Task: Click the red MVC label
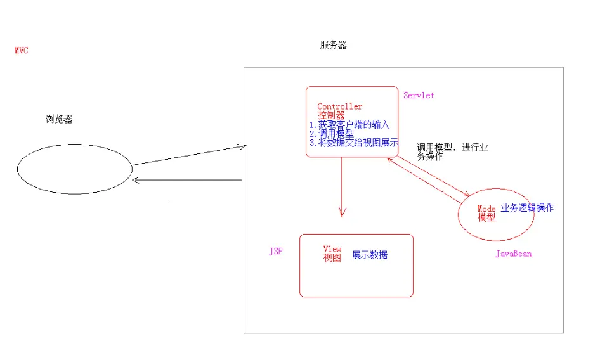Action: pos(21,51)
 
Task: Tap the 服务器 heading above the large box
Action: pos(334,45)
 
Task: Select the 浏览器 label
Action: pos(58,119)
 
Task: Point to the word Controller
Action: pos(340,106)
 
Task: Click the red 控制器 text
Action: pos(331,115)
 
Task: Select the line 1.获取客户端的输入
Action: pos(349,124)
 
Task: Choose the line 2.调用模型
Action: pos(332,133)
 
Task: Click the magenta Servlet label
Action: pos(419,95)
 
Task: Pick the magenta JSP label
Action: pos(276,251)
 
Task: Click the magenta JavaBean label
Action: pos(513,254)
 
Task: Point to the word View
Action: pos(332,249)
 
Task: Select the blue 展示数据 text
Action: pos(370,255)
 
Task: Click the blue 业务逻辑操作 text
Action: pos(526,207)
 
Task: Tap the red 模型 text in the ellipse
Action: pos(486,217)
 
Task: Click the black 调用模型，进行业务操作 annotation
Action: pos(452,151)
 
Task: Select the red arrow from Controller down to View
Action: pos(342,187)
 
